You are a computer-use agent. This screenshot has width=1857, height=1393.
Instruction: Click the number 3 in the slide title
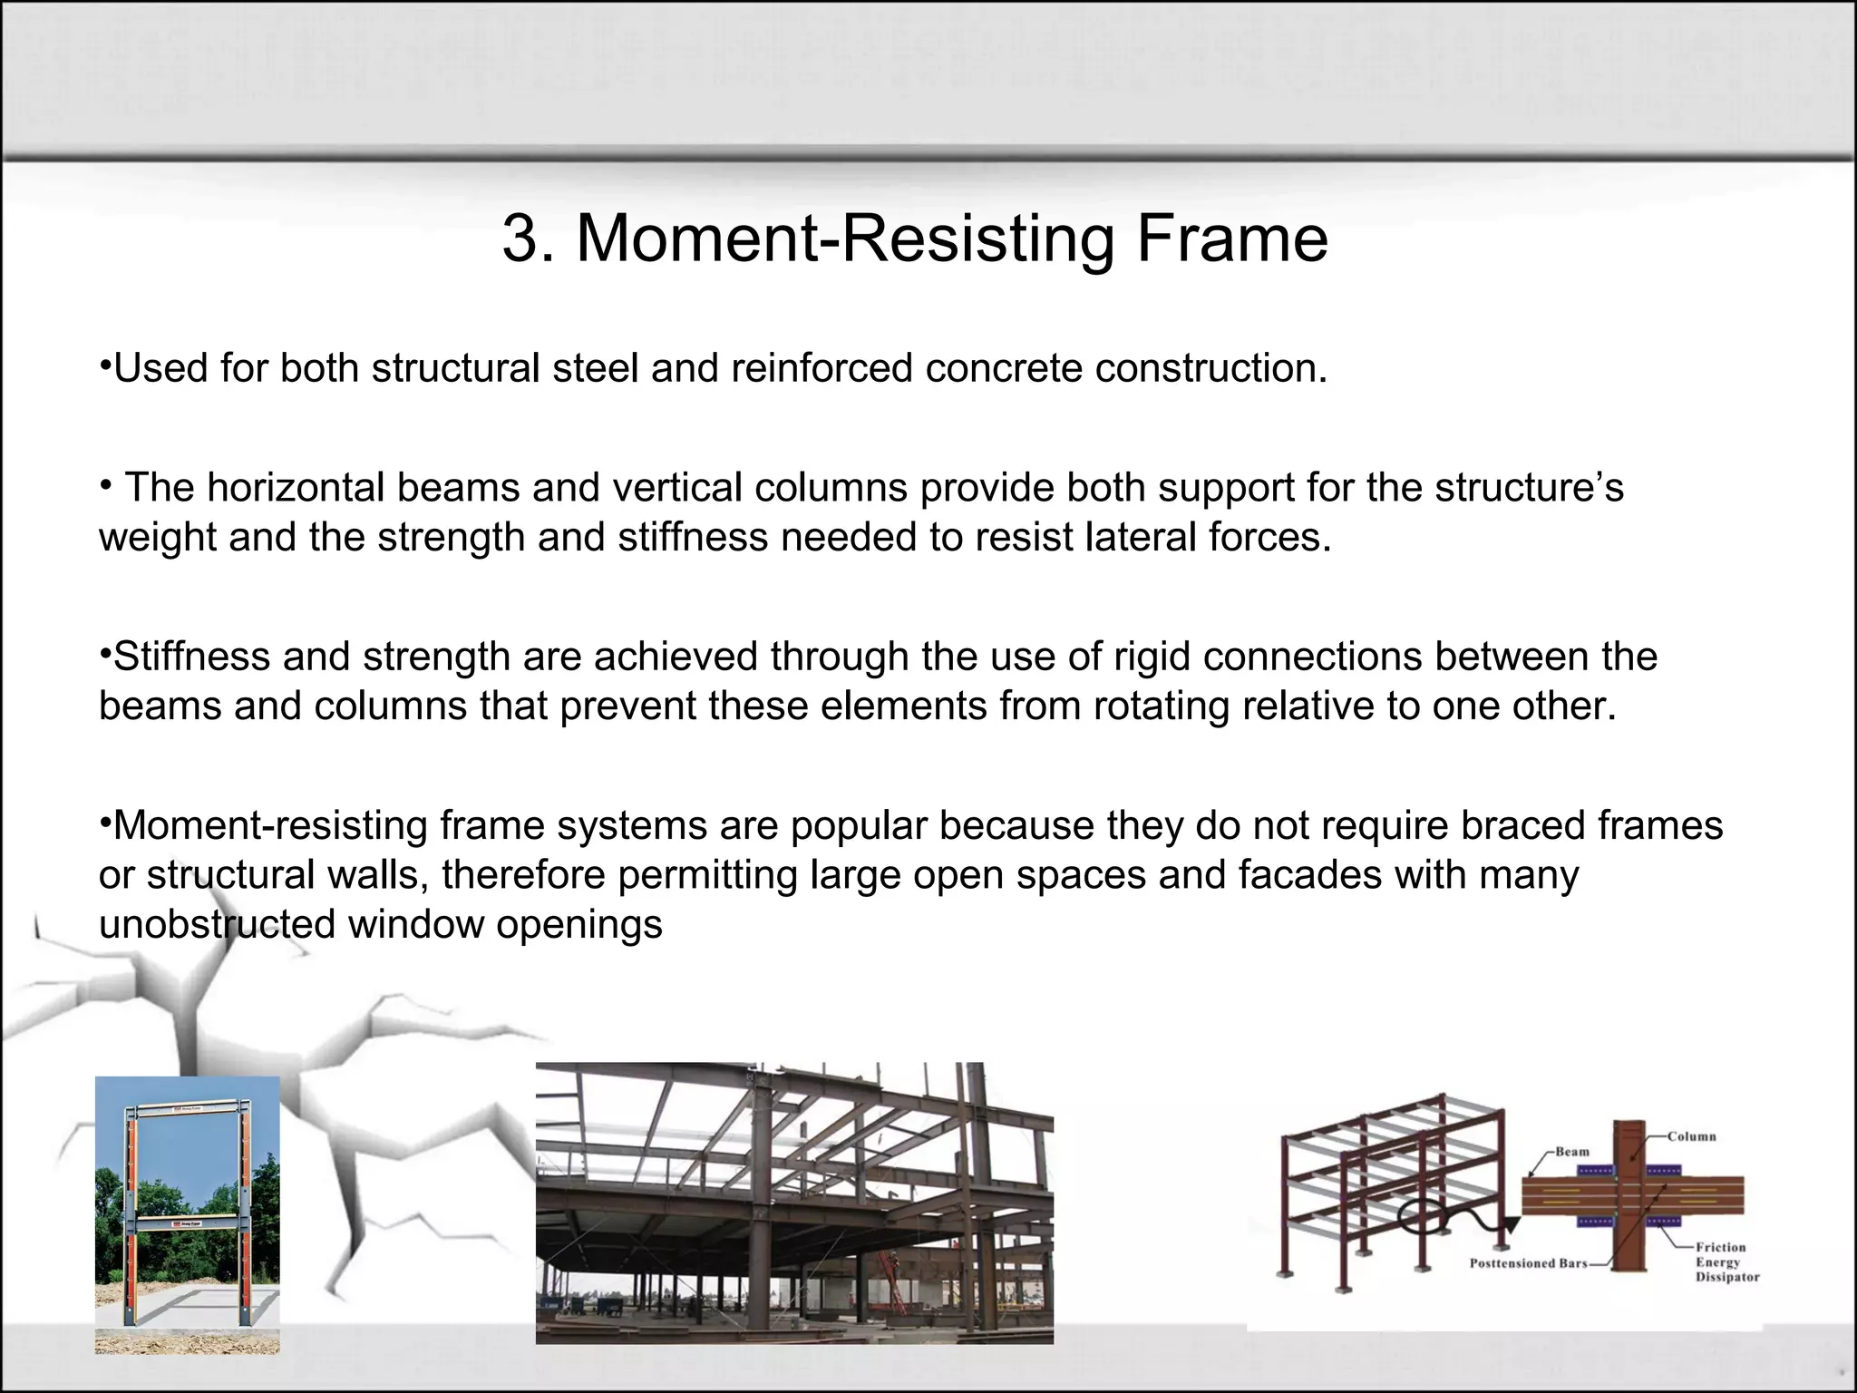tap(521, 239)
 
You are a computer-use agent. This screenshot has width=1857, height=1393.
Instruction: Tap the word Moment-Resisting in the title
tap(844, 239)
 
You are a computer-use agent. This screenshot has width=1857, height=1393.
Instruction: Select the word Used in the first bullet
tap(151, 369)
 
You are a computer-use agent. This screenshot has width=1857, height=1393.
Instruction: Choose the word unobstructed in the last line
tap(218, 925)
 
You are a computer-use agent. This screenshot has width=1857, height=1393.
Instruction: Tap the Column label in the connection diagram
tap(1691, 1136)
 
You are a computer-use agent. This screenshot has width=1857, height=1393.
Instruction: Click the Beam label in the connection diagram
tap(1572, 1152)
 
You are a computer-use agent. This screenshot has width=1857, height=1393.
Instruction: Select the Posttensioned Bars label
tap(1528, 1263)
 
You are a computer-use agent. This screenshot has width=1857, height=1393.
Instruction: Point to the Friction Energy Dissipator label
tap(1726, 1262)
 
